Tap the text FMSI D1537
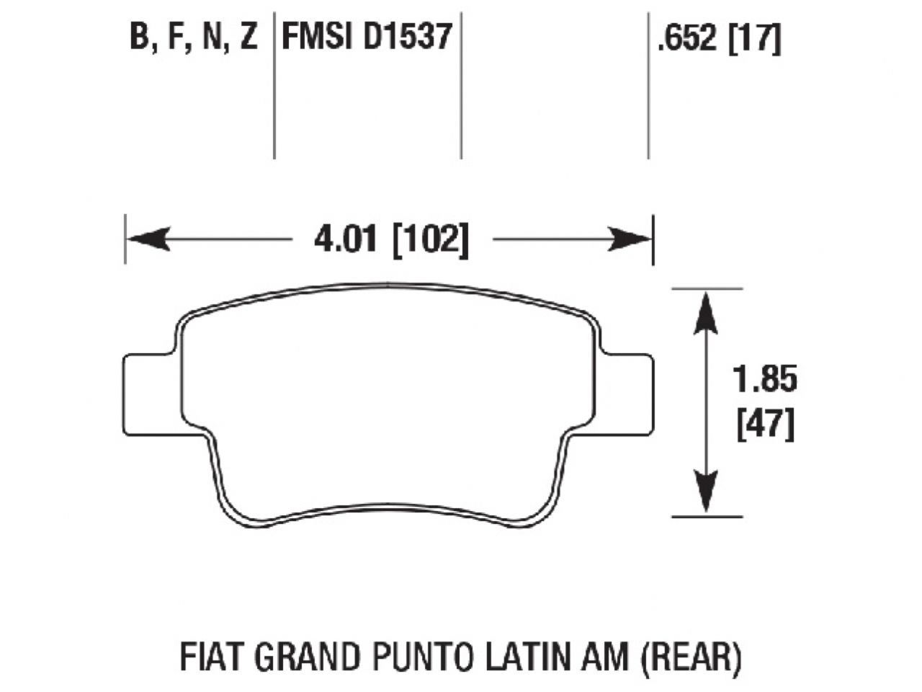pyautogui.click(x=366, y=36)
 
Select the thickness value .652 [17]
pyautogui.click(x=718, y=39)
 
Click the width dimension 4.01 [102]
pyautogui.click(x=391, y=239)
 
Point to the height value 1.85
pyautogui.click(x=764, y=379)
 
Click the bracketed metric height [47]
pyautogui.click(x=765, y=425)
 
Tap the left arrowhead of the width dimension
pyautogui.click(x=148, y=239)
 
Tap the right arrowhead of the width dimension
pyautogui.click(x=630, y=239)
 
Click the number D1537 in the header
pyautogui.click(x=407, y=36)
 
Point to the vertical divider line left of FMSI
pyautogui.click(x=274, y=86)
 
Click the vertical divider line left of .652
pyautogui.click(x=648, y=86)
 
